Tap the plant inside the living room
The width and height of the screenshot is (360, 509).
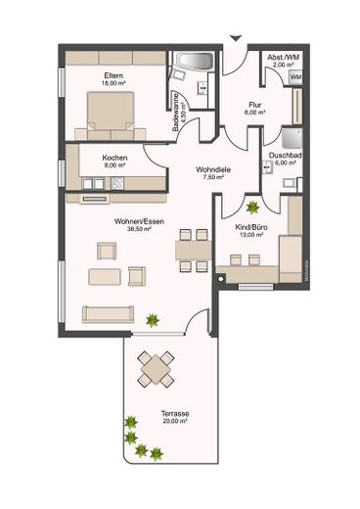[x=152, y=319]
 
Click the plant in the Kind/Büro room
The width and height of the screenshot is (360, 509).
[x=252, y=208]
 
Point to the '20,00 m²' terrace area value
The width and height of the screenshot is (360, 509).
[x=173, y=421]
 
